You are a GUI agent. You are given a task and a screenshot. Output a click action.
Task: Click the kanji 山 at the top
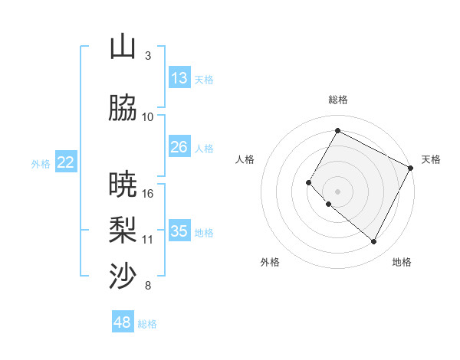[x=123, y=47]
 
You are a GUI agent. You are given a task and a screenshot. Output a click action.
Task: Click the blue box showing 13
[x=179, y=78]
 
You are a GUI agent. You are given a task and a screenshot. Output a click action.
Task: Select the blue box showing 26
[x=179, y=147]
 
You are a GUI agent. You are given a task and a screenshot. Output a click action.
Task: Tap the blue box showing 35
[x=179, y=231]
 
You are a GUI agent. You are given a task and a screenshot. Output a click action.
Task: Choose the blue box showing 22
[x=66, y=162]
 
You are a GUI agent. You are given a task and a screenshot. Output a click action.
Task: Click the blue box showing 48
[x=123, y=322]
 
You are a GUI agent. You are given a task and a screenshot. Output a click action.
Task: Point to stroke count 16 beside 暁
[x=149, y=193]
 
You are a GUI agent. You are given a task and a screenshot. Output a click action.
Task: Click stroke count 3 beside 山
[x=148, y=56]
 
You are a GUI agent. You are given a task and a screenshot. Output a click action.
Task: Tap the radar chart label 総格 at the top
[x=337, y=100]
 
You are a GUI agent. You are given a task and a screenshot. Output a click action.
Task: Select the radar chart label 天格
[x=431, y=159]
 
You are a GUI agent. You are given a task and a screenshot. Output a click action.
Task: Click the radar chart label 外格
[x=270, y=262]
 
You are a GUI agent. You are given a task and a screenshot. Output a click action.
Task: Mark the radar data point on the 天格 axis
[x=411, y=168]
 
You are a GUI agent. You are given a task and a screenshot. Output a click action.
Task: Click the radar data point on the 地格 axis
[x=373, y=242]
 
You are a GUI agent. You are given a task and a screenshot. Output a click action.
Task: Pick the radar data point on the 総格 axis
[x=337, y=130]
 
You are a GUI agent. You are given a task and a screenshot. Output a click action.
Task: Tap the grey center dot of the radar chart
[x=337, y=191]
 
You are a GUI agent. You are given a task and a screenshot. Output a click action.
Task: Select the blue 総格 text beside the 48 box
[x=147, y=324]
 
